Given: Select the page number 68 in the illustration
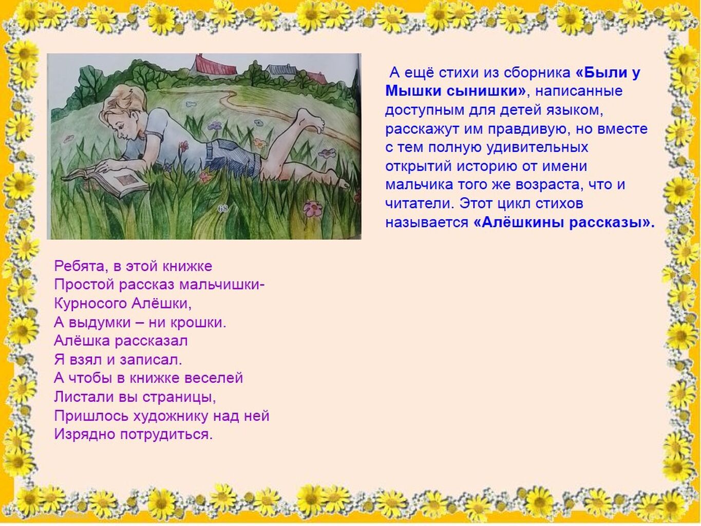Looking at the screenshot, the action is click(222, 209).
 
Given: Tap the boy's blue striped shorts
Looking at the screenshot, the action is click(233, 157).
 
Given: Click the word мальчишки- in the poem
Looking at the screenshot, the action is click(222, 285).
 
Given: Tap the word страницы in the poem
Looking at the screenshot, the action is click(179, 398).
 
